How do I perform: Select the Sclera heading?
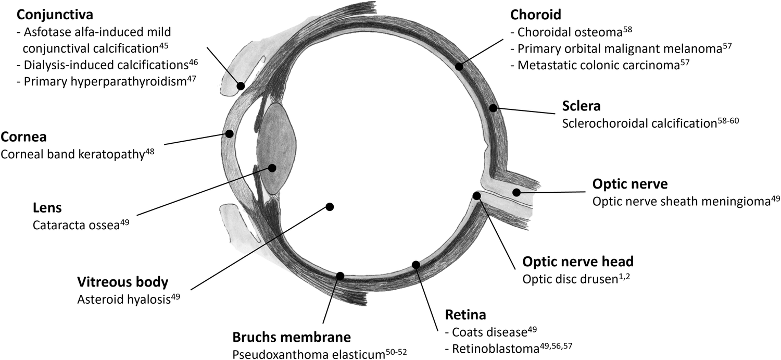[581, 106]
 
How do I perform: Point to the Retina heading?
[465, 315]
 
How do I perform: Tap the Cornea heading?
[24, 138]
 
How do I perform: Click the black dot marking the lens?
[272, 167]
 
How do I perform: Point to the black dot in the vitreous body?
[329, 206]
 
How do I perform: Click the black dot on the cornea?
[230, 134]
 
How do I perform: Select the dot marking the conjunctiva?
[241, 86]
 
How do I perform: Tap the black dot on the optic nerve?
[517, 192]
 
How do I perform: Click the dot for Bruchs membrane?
[341, 276]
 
